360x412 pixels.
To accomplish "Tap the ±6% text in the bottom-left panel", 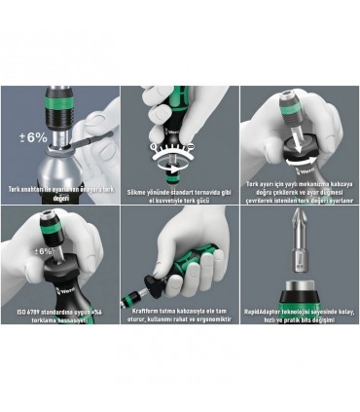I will (44, 252).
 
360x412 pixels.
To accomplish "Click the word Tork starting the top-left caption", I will (16, 188).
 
